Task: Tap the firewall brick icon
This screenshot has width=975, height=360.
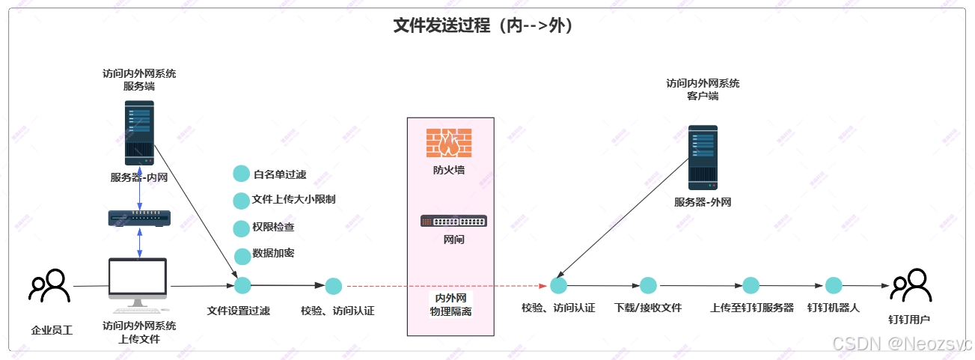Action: pyautogui.click(x=449, y=142)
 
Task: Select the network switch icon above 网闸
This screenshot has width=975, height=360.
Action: pyautogui.click(x=453, y=221)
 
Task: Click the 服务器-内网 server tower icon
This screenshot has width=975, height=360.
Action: pyautogui.click(x=139, y=133)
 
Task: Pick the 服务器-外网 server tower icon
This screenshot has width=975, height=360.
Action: pyautogui.click(x=703, y=157)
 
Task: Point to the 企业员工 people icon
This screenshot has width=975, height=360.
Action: pyautogui.click(x=49, y=285)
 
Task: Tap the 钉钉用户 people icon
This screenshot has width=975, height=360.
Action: pyautogui.click(x=910, y=285)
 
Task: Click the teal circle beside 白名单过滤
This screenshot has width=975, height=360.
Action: pyautogui.click(x=241, y=174)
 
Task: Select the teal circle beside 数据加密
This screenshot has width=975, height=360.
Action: pyautogui.click(x=242, y=256)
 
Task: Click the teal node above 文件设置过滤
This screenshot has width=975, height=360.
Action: pyautogui.click(x=242, y=285)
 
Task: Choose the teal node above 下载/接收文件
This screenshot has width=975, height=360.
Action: pyautogui.click(x=648, y=285)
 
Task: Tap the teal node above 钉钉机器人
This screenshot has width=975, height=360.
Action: pyautogui.click(x=834, y=285)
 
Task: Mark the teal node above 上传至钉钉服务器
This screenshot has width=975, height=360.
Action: pyautogui.click(x=751, y=285)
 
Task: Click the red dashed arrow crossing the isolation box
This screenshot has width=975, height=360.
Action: pyautogui.click(x=449, y=286)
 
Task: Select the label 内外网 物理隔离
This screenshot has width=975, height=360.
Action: pyautogui.click(x=450, y=305)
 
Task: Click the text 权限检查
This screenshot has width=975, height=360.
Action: pyautogui.click(x=274, y=227)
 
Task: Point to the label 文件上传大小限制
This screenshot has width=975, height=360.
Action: pyautogui.click(x=293, y=200)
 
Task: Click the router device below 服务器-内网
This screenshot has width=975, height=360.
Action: pyautogui.click(x=139, y=218)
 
